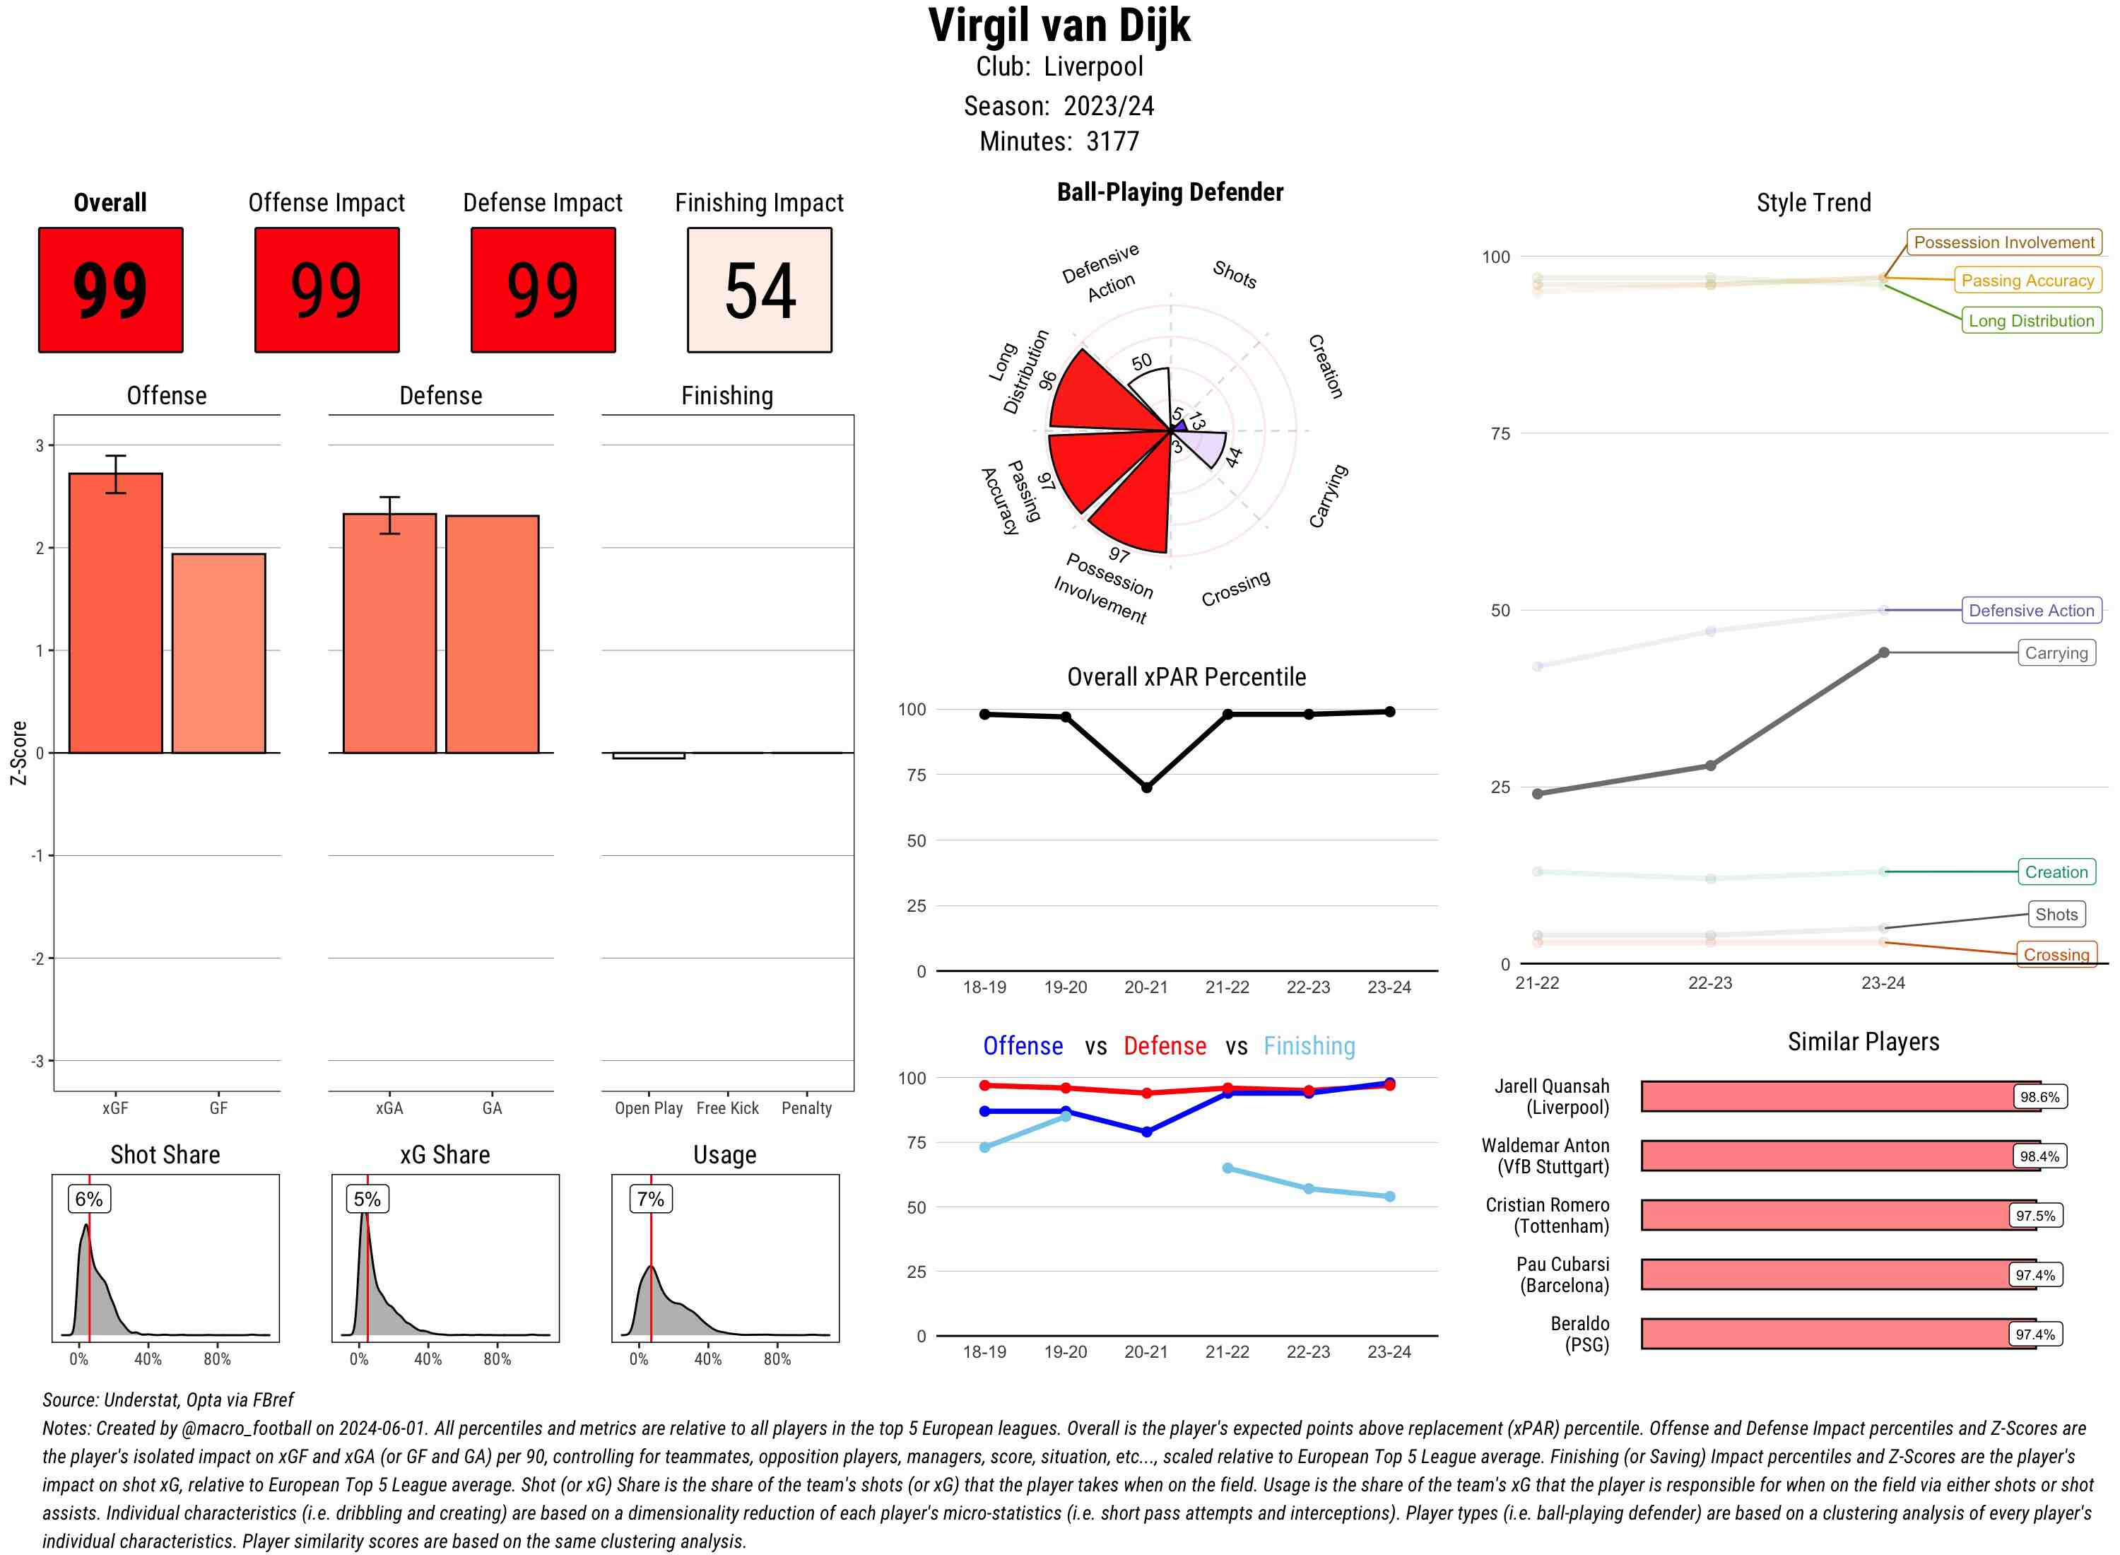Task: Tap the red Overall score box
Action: click(110, 290)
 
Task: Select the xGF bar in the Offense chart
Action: click(116, 613)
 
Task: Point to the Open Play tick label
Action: click(648, 1108)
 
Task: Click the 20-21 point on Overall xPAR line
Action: click(1146, 787)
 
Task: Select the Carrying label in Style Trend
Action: click(2056, 653)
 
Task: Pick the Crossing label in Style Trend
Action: click(2056, 954)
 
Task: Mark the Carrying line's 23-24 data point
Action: click(1883, 652)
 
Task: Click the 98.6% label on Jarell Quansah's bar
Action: click(2039, 1096)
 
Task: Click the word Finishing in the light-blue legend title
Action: click(1309, 1046)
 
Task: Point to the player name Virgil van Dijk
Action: click(1059, 26)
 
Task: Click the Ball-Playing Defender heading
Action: click(1170, 192)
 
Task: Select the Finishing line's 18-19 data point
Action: click(984, 1147)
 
